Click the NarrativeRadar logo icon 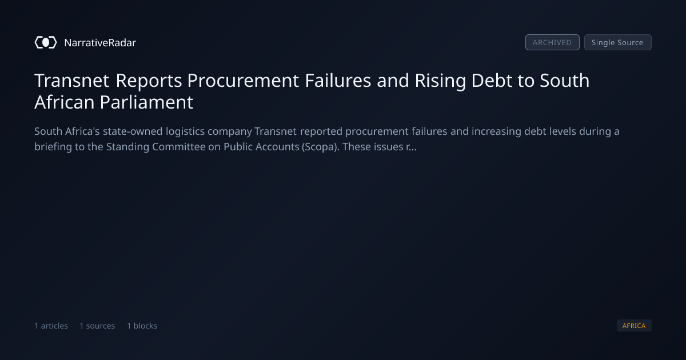click(x=46, y=42)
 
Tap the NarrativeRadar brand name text click(x=100, y=42)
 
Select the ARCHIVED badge click(x=552, y=42)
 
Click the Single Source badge click(x=618, y=42)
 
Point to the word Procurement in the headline click(x=243, y=81)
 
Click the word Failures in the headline click(x=338, y=81)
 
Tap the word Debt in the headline click(x=492, y=81)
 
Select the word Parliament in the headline click(x=146, y=102)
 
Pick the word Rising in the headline click(x=440, y=81)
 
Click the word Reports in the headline click(x=149, y=81)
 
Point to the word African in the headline click(x=64, y=102)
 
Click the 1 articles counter click(x=51, y=326)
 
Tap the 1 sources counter click(x=97, y=326)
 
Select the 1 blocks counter click(x=142, y=326)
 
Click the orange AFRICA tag click(x=634, y=326)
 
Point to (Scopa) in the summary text click(x=321, y=147)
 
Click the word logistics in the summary click(x=185, y=131)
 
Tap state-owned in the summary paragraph click(x=133, y=131)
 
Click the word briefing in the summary click(x=53, y=147)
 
